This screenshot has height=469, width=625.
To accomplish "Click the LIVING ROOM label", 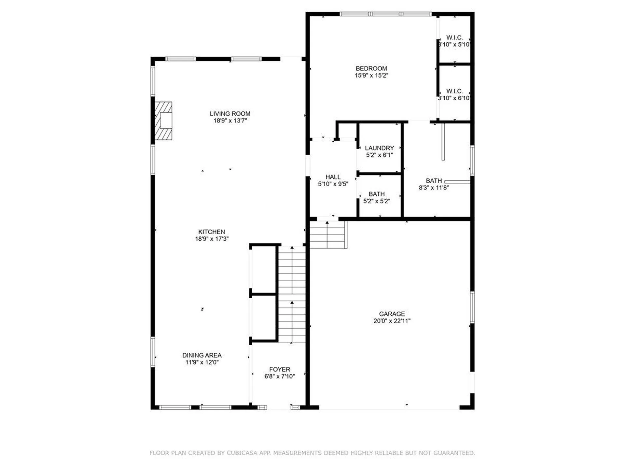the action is pyautogui.click(x=230, y=114).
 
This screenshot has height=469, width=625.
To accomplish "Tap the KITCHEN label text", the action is pyautogui.click(x=212, y=232).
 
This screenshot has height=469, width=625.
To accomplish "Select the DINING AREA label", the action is pyautogui.click(x=202, y=355).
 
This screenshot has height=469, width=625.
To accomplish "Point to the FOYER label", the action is pyautogui.click(x=280, y=369).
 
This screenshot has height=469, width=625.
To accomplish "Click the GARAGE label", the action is pyautogui.click(x=392, y=314).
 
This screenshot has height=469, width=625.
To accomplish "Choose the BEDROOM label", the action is pyautogui.click(x=371, y=69).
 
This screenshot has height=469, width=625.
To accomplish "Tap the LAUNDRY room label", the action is pyautogui.click(x=380, y=148).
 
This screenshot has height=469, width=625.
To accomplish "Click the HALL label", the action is pyautogui.click(x=333, y=177).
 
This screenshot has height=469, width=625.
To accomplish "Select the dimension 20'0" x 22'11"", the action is pyautogui.click(x=392, y=321).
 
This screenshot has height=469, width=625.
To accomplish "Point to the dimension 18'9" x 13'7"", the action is pyautogui.click(x=230, y=121).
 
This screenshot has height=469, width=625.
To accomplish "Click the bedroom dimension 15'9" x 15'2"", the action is pyautogui.click(x=371, y=76).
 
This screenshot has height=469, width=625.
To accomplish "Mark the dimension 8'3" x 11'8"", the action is pyautogui.click(x=434, y=188).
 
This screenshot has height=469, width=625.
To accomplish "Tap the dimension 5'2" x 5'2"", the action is pyautogui.click(x=377, y=201).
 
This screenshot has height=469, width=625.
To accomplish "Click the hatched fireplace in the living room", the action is pyautogui.click(x=163, y=121).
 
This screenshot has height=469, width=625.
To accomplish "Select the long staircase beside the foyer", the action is pyautogui.click(x=292, y=294).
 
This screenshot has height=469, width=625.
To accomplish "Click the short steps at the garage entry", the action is pyautogui.click(x=328, y=234).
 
